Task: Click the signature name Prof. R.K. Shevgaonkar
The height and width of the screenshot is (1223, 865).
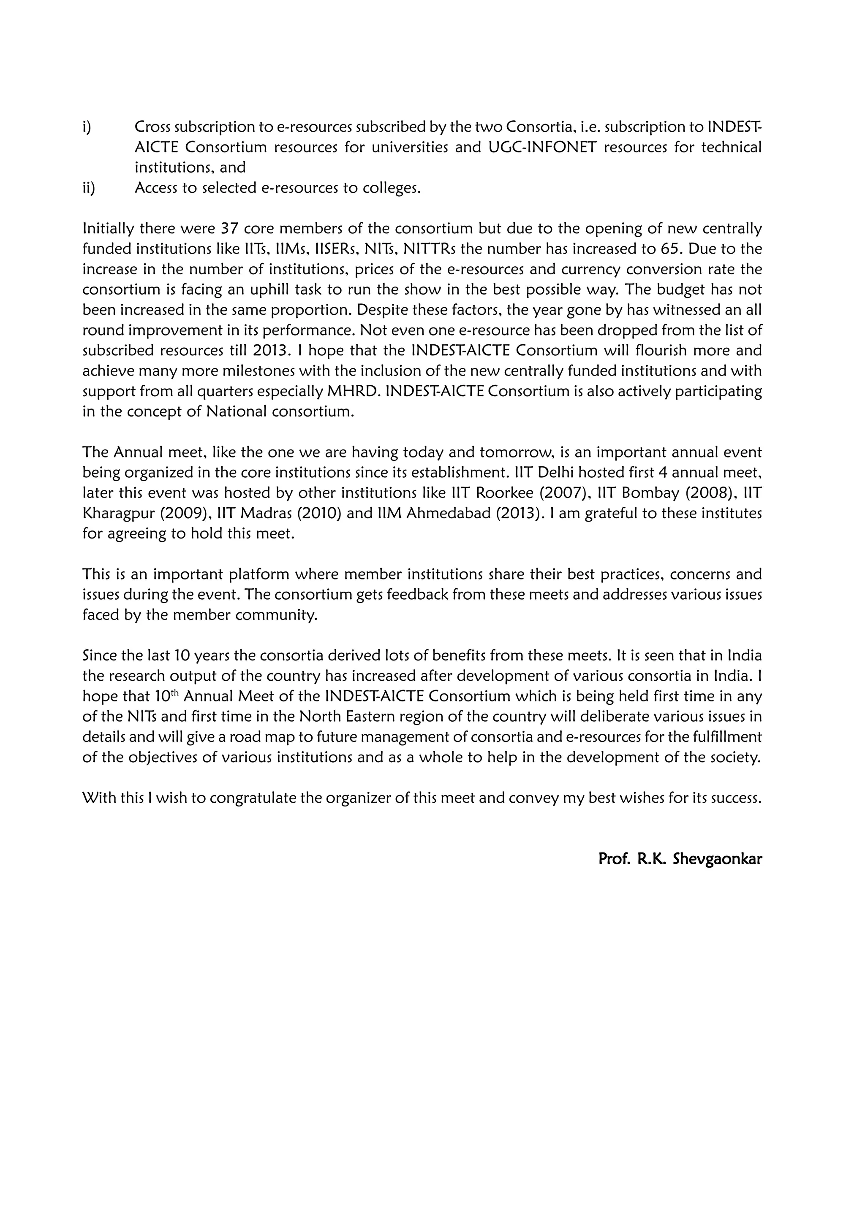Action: tap(680, 859)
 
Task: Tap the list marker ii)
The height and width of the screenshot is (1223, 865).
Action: tap(88, 188)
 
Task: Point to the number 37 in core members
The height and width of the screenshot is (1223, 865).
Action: tap(229, 228)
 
